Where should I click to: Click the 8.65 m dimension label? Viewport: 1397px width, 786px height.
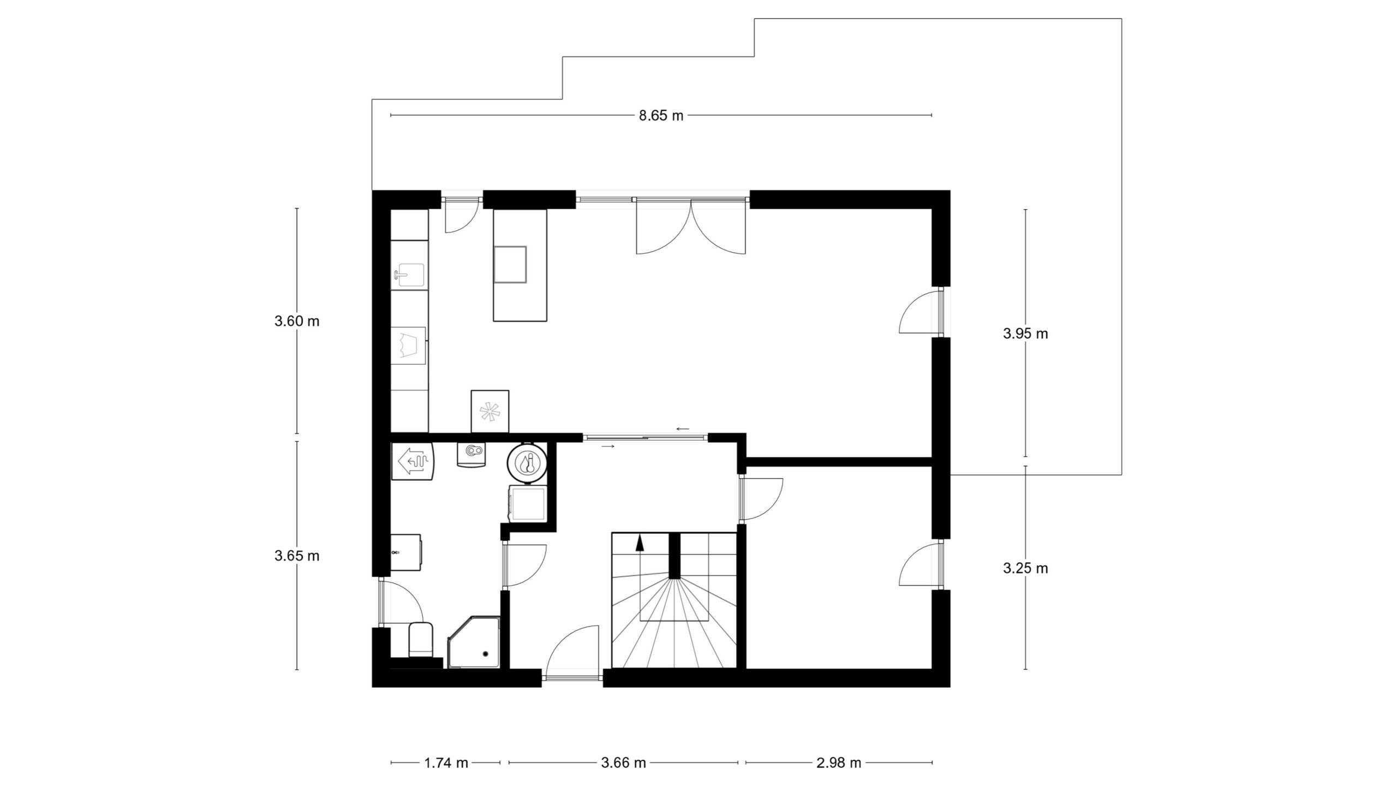(661, 116)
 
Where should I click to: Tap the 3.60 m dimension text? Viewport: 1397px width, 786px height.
(297, 321)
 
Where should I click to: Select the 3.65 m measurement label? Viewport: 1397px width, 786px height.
(297, 556)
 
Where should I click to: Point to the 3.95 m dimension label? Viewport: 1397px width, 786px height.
(1025, 334)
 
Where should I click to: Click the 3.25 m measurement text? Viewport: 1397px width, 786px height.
(1025, 568)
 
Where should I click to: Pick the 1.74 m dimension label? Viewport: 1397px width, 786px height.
(446, 763)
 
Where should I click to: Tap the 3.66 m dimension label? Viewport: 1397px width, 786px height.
(623, 763)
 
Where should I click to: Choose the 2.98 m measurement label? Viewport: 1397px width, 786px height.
(839, 763)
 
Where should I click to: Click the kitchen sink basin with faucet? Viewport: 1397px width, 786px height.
(409, 275)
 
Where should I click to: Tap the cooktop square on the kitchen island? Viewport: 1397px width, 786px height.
(511, 264)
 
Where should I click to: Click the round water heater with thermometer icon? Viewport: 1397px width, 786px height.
(528, 463)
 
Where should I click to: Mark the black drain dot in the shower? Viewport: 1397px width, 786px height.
(485, 653)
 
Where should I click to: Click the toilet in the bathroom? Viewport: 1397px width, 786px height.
(420, 639)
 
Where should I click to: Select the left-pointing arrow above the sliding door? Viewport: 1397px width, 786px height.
(683, 429)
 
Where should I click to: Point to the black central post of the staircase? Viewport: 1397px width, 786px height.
(675, 555)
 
